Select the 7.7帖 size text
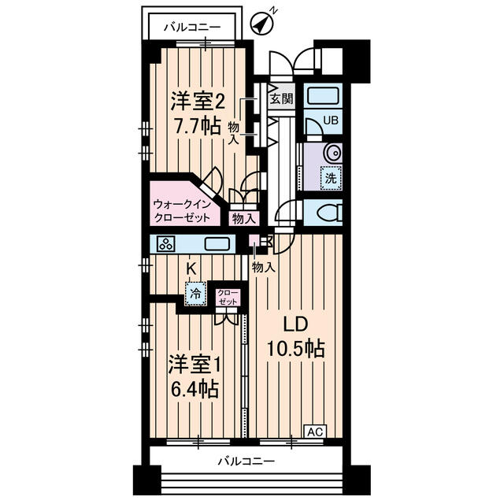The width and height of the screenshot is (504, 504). click(197, 125)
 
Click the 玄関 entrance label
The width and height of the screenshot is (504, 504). click(280, 98)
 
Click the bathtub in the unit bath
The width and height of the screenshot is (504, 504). click(322, 97)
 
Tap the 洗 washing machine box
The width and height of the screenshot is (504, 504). click(331, 178)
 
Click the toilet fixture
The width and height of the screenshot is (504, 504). click(324, 212)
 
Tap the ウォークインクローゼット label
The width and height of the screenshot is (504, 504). click(182, 210)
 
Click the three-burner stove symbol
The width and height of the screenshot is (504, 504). click(166, 244)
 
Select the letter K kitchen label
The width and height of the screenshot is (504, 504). click(191, 268)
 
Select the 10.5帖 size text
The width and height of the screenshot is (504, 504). click(296, 347)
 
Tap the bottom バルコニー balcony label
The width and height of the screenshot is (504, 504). click(246, 461)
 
